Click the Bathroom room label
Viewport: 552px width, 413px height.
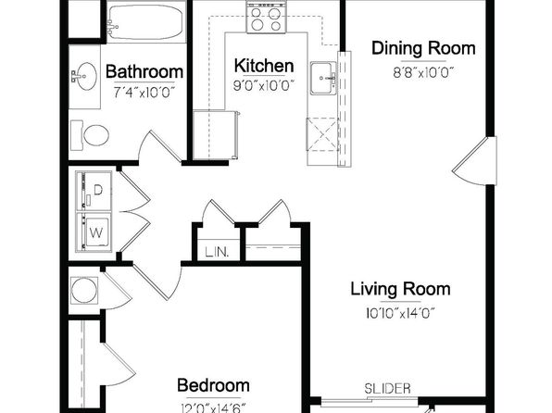tap(144, 71)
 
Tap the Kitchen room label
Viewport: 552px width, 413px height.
tap(264, 66)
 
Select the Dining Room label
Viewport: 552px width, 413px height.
tap(423, 48)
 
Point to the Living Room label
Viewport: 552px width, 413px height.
tap(401, 289)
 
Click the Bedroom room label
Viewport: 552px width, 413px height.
tap(213, 385)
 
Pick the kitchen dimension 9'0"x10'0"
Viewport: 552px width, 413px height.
tap(264, 85)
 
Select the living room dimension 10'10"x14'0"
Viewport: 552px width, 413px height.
tap(401, 313)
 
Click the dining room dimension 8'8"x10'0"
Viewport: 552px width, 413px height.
tap(423, 73)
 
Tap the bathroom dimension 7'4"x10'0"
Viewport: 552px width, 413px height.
tap(144, 93)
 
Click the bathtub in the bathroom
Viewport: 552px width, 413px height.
tap(146, 22)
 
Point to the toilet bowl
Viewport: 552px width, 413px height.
tap(95, 135)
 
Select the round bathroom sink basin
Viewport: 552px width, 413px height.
tap(86, 76)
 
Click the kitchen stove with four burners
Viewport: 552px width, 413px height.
tap(266, 18)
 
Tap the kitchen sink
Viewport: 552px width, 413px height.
tap(323, 78)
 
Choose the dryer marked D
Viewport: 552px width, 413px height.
tap(94, 191)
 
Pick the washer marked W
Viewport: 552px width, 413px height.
tap(94, 232)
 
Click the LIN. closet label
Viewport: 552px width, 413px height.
tap(217, 252)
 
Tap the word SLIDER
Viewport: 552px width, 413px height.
tap(387, 389)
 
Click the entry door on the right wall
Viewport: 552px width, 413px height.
tap(474, 160)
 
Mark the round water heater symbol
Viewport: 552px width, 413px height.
tap(84, 290)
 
